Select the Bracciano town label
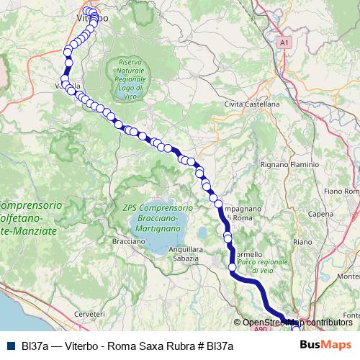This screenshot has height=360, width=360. tap(129, 241)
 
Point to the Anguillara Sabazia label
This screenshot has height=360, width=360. tap(183, 253)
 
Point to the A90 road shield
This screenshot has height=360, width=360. tap(260, 329)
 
